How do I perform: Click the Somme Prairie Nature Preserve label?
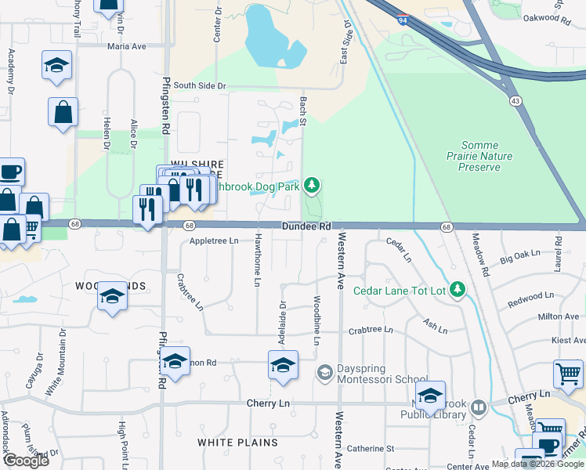487,156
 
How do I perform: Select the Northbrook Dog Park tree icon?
313,185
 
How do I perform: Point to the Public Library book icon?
478,408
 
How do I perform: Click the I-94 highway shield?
401,20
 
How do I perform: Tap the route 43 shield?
515,100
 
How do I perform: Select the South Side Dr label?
199,85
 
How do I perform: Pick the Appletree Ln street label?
214,241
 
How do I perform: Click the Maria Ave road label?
127,46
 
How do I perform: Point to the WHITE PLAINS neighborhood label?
237,443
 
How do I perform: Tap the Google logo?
25,460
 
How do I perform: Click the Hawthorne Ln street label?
257,262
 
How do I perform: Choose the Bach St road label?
302,109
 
